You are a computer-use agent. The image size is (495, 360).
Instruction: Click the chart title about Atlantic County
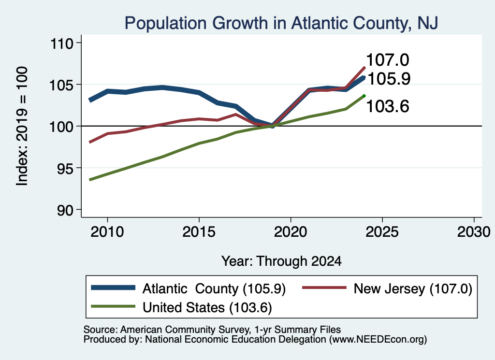[281, 23]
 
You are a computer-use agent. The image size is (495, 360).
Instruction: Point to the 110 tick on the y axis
[62, 43]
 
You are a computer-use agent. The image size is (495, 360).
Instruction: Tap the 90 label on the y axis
[65, 210]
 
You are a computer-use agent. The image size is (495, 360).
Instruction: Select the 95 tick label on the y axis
[65, 168]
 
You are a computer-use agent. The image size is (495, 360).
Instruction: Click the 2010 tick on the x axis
[107, 232]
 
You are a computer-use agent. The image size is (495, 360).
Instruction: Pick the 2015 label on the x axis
[199, 232]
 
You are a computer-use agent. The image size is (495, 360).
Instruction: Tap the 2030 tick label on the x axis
[474, 232]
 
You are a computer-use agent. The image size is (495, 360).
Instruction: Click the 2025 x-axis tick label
[382, 232]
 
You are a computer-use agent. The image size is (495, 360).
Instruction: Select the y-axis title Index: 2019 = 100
[22, 126]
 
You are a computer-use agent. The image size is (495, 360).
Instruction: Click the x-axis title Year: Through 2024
[282, 261]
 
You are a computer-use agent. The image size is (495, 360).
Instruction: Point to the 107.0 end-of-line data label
[388, 60]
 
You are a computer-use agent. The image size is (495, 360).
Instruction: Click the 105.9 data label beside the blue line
[389, 79]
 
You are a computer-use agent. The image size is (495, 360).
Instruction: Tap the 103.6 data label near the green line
[388, 106]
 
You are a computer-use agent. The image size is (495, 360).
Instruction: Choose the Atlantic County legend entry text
[214, 288]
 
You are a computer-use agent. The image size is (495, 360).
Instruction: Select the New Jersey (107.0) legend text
[413, 288]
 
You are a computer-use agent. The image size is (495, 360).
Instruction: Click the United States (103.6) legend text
[207, 308]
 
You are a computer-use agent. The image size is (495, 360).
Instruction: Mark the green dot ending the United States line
[364, 96]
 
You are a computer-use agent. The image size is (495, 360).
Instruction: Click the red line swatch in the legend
[324, 288]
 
